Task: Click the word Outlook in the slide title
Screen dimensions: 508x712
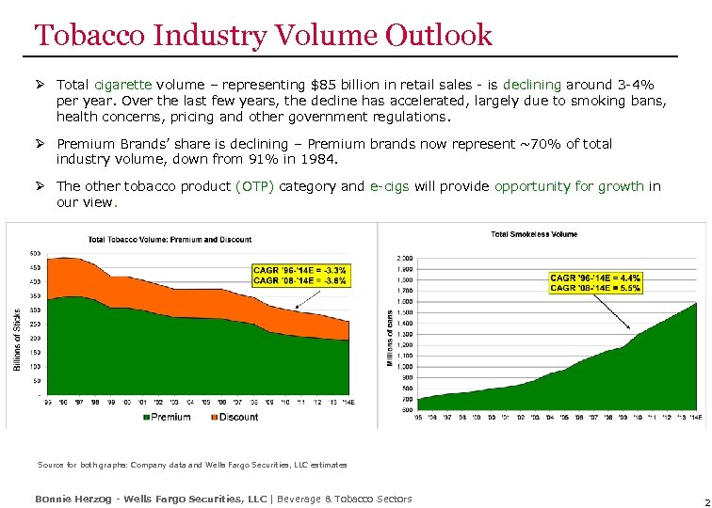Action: coord(438,36)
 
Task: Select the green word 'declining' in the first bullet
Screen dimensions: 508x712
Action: coord(533,84)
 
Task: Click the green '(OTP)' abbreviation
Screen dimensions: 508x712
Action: coord(255,186)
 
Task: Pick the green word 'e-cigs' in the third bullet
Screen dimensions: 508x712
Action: coord(389,186)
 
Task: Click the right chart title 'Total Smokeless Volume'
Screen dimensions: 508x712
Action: coord(533,233)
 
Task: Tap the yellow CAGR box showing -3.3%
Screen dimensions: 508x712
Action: coord(300,275)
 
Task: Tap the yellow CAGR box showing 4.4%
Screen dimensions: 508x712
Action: coord(595,282)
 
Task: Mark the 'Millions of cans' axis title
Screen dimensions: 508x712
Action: coord(389,338)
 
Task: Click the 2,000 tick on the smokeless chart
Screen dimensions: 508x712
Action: coord(404,257)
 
